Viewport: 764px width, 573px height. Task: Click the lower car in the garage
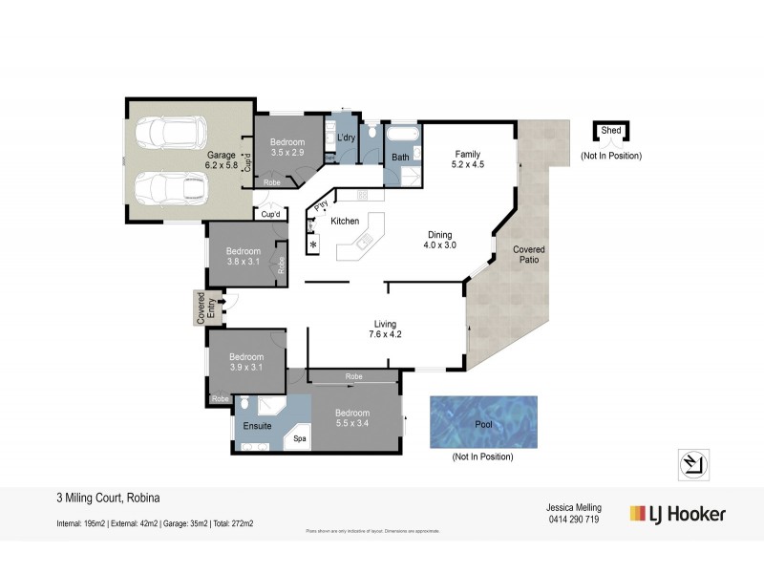(x=170, y=188)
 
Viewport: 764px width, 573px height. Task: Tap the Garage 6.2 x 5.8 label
(x=221, y=159)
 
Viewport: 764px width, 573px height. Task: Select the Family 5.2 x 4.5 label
(x=467, y=159)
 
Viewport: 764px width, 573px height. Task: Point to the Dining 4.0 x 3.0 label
(x=439, y=240)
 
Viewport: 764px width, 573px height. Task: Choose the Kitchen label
(x=345, y=221)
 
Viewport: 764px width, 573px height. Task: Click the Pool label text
(x=483, y=423)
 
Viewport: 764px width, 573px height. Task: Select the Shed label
(x=611, y=133)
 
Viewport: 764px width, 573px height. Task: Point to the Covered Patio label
(x=528, y=255)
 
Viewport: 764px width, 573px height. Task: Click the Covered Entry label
(x=202, y=308)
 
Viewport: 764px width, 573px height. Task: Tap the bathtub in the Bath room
(x=400, y=135)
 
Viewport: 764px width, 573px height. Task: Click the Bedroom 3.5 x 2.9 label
(x=286, y=146)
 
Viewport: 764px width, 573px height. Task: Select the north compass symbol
(x=692, y=462)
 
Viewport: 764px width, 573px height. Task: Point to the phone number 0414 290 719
(x=572, y=520)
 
